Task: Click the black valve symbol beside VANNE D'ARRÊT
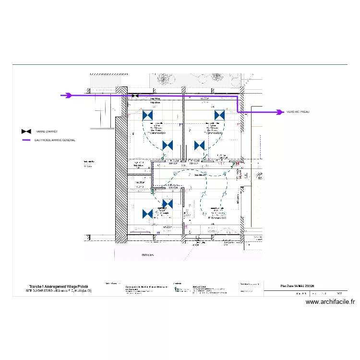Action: click(26, 131)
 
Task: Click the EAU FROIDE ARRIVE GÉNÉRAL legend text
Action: click(56, 140)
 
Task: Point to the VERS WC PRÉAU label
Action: click(298, 112)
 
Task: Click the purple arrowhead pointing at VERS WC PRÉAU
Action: click(279, 112)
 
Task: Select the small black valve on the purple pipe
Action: click(135, 96)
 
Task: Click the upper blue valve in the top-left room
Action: click(148, 115)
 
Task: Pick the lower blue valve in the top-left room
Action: click(168, 145)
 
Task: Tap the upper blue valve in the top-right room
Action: click(219, 115)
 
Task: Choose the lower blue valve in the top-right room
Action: click(199, 145)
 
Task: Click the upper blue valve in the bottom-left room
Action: click(168, 204)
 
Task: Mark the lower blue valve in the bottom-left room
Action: click(148, 214)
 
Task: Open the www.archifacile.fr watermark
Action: click(330, 302)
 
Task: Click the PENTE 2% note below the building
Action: click(147, 255)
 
